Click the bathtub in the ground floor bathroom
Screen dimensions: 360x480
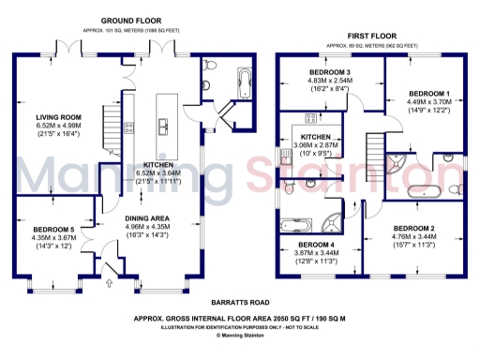245,85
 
